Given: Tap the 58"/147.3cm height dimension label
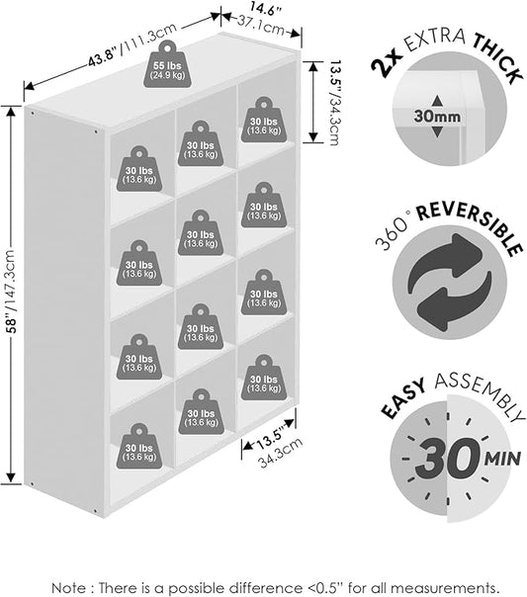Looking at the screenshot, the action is pos(12,292).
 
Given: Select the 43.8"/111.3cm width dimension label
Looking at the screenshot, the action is pos(132,44).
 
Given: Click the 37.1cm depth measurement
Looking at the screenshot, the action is pos(261,25).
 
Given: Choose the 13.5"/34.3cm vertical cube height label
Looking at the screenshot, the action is pos(333,102).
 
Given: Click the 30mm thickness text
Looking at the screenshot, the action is pos(437,116).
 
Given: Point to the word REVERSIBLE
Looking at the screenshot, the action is pos(469,227).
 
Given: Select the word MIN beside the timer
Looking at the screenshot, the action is pos(502,459).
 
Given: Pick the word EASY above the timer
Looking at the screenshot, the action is pos(403,398).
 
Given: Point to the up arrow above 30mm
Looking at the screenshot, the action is pos(437,101).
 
